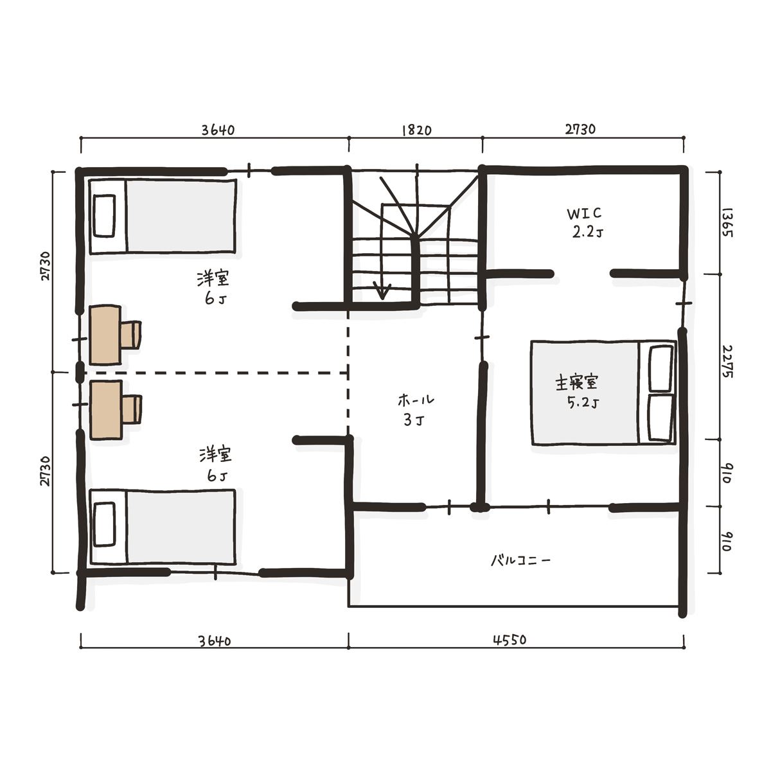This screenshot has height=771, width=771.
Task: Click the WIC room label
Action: point(584,214)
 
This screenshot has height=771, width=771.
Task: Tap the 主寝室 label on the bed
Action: point(576,383)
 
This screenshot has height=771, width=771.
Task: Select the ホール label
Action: point(416,400)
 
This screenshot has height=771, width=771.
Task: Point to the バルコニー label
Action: point(521,560)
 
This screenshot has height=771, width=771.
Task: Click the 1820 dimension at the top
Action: point(416,130)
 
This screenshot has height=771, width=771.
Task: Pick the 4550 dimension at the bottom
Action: point(510,640)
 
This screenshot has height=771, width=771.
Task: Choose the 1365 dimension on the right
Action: point(727,223)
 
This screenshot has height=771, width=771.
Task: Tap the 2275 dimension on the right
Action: point(727,362)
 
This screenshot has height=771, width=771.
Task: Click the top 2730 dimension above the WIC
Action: point(580,129)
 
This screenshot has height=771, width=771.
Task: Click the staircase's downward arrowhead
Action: point(382,290)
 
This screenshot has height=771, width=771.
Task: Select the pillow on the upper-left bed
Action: point(105,216)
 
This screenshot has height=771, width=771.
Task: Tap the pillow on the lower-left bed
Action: point(105,524)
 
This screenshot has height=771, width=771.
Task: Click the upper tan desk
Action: point(105,335)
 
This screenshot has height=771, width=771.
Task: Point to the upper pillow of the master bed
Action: point(660,369)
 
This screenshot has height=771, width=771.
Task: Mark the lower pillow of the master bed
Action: point(660,418)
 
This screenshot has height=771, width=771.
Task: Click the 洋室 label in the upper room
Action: point(213,279)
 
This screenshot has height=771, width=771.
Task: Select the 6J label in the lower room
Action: point(217,475)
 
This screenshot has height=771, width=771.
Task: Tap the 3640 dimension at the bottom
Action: point(215,641)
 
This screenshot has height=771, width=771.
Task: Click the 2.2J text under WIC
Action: point(587,233)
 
